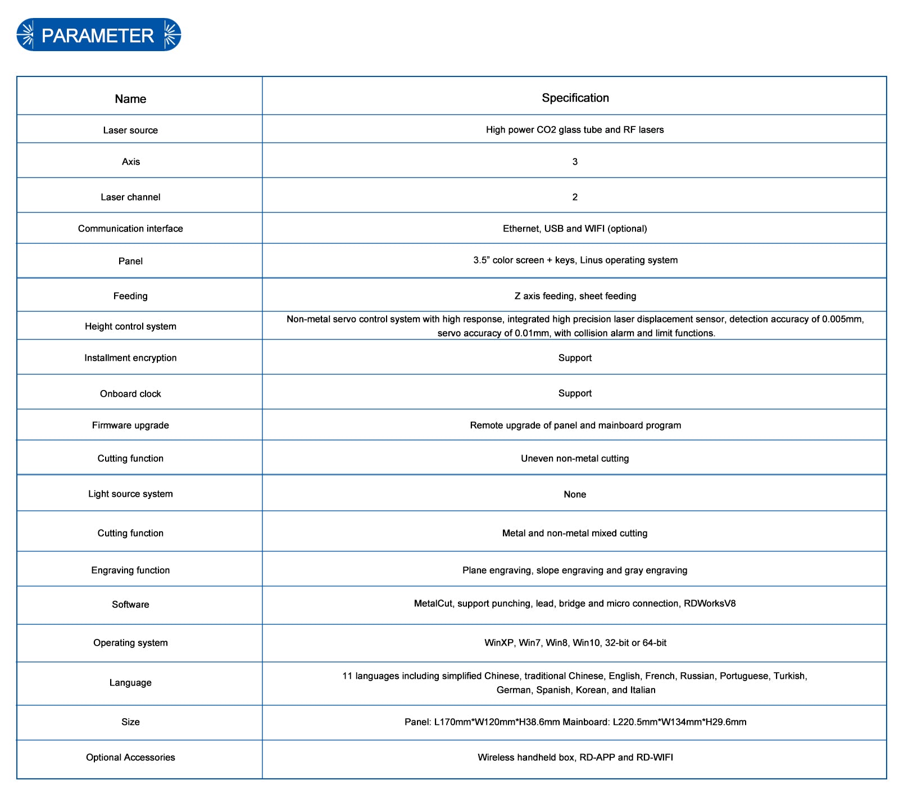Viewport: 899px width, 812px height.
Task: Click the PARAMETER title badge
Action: coord(98,35)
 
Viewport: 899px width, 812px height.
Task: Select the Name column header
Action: coord(130,99)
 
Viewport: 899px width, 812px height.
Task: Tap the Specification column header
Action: coord(575,98)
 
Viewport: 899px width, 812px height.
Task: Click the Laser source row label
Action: coord(130,130)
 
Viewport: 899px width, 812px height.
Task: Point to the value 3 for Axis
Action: coord(575,162)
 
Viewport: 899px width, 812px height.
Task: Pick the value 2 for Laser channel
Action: coord(575,197)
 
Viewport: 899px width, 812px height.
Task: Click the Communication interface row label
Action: coord(130,229)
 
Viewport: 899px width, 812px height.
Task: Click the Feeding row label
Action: coord(130,296)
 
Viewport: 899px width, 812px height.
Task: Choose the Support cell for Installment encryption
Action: coord(575,358)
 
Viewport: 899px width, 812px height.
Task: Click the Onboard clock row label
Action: coord(130,394)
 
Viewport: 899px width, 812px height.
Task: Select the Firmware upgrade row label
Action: coord(130,425)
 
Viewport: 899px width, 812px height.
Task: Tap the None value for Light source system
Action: coord(575,495)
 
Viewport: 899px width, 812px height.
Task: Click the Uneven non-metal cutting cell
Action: coord(575,459)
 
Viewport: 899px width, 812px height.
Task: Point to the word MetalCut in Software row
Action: coord(433,604)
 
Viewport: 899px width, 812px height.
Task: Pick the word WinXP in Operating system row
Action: coord(499,643)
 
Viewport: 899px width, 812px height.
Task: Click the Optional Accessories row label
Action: coord(130,757)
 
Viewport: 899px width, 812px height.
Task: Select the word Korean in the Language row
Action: coord(591,690)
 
